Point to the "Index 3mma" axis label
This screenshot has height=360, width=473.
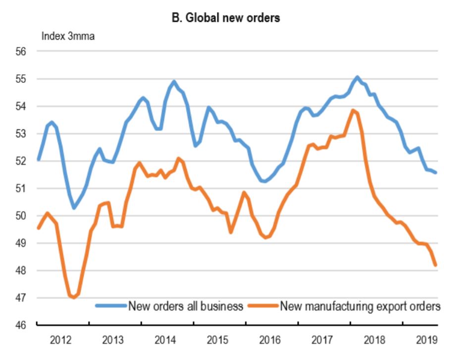[68, 36]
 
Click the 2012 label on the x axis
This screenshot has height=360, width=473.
[62, 341]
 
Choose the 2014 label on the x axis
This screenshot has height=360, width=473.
[167, 341]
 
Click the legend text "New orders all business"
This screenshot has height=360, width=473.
[186, 306]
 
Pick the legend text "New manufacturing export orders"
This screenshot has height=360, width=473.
[360, 306]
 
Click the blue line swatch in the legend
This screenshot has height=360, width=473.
[111, 306]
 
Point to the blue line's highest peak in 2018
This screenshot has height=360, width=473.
[357, 77]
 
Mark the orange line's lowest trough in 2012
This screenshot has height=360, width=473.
[74, 297]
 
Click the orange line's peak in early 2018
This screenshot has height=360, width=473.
[353, 110]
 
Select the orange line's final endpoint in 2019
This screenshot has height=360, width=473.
[435, 265]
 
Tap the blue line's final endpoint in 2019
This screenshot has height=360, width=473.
[435, 172]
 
